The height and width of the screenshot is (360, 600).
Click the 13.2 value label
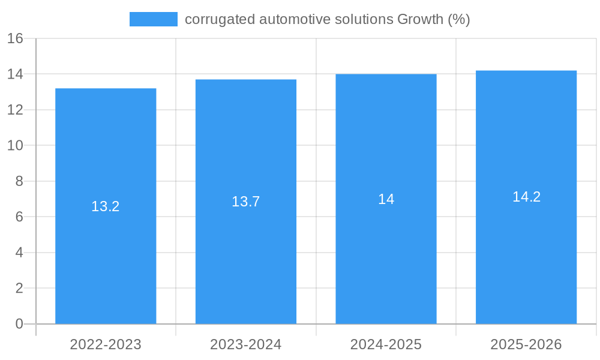(106, 206)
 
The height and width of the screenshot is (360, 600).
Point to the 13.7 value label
(246, 202)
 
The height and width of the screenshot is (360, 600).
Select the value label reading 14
(386, 199)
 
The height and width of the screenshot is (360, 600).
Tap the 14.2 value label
(526, 197)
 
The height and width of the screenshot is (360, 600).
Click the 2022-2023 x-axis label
(106, 344)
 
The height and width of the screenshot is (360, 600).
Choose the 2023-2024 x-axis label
(246, 344)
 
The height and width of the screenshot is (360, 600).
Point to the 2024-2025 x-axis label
(386, 344)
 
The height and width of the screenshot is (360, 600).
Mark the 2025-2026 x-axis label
(526, 344)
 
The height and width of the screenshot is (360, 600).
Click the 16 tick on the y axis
(15, 38)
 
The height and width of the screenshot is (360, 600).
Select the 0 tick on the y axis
(19, 324)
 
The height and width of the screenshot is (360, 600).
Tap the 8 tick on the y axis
(19, 181)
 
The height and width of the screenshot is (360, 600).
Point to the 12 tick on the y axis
(15, 110)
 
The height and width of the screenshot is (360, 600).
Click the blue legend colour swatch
(154, 19)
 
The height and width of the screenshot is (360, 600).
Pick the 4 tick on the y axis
(19, 253)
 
